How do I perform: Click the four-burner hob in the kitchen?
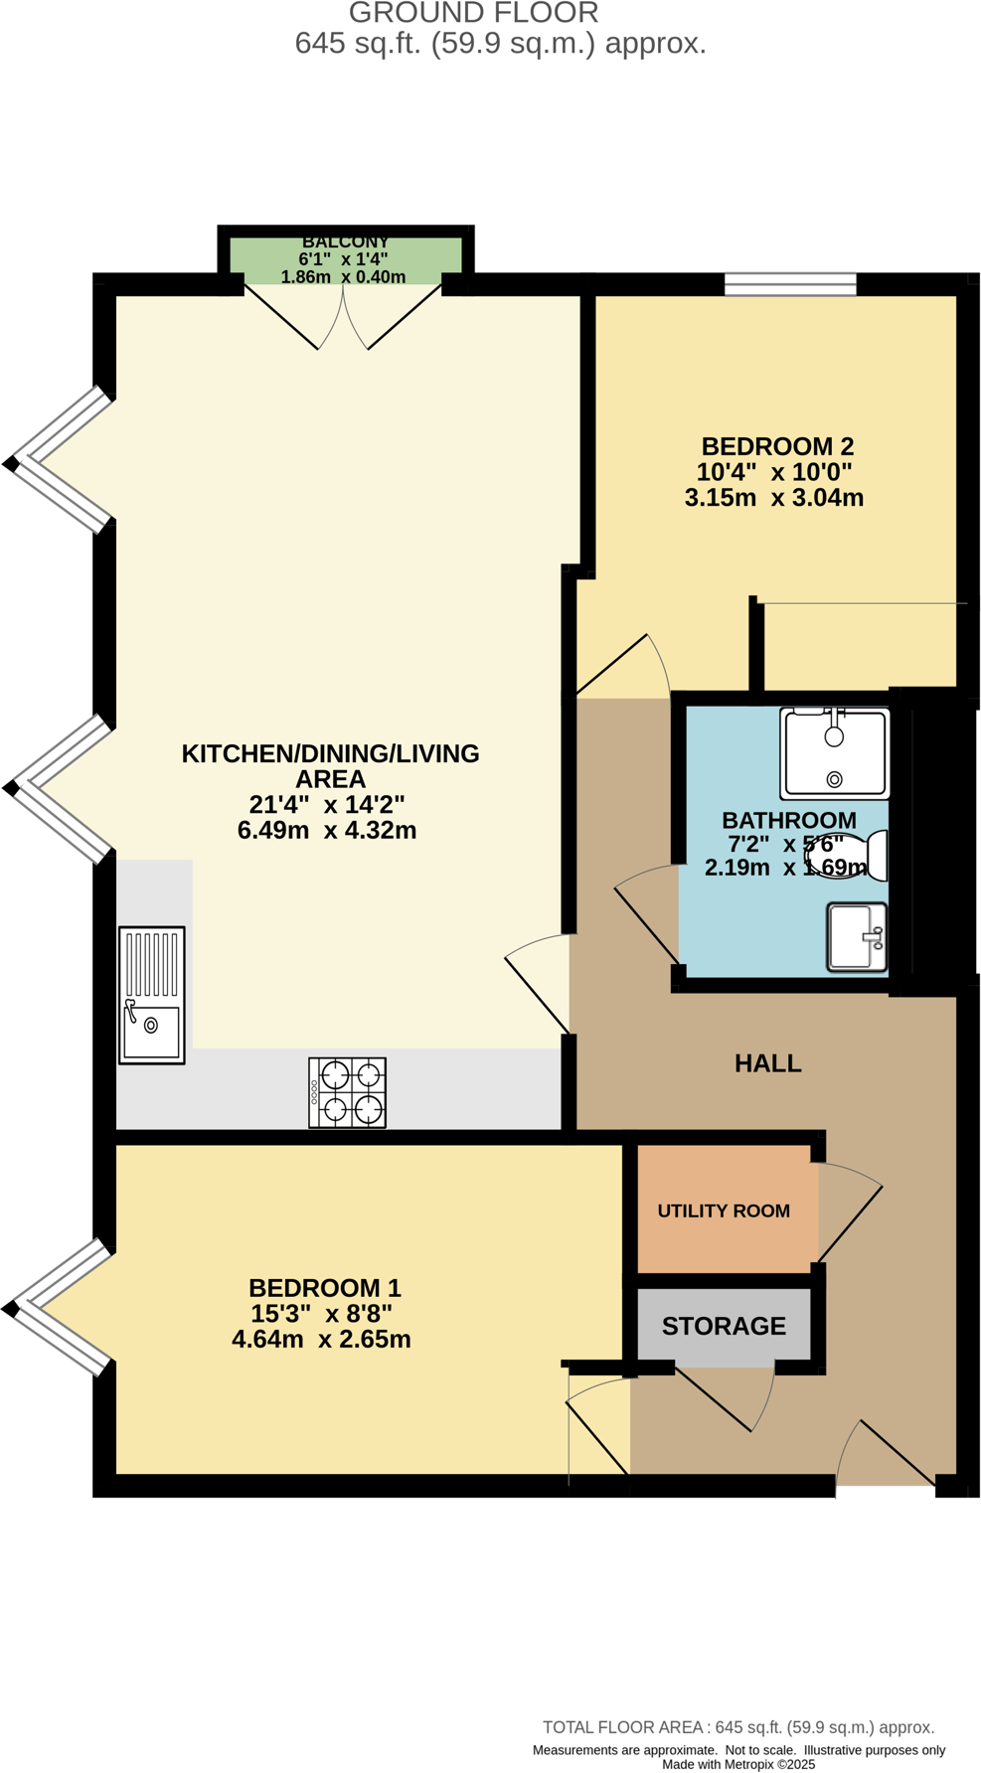(347, 1092)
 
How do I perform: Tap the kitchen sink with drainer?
(152, 995)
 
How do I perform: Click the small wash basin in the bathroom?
(857, 936)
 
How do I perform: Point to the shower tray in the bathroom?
(835, 753)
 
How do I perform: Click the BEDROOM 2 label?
(777, 446)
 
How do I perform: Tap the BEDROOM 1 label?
(324, 1288)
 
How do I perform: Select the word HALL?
(767, 1063)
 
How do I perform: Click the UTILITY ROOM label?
(724, 1210)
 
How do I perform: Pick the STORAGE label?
(724, 1326)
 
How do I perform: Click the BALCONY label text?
(345, 242)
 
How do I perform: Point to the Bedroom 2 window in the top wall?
(790, 285)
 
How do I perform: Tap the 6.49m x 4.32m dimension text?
(326, 830)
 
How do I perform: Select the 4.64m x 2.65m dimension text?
(321, 1340)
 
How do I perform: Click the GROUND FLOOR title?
(473, 13)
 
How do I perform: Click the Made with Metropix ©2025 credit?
(738, 1764)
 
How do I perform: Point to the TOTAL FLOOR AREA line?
(737, 1727)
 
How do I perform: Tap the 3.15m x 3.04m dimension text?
(773, 498)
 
